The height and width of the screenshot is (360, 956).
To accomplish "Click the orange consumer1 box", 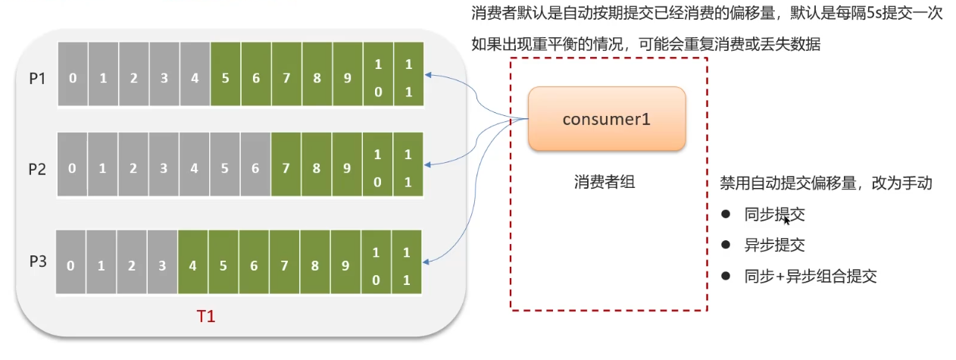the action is pyautogui.click(x=607, y=119).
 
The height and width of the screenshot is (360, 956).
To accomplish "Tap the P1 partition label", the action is pyautogui.click(x=37, y=79).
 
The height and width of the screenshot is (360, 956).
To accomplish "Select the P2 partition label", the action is pyautogui.click(x=37, y=169).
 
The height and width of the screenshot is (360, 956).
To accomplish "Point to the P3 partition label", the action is pyautogui.click(x=38, y=261).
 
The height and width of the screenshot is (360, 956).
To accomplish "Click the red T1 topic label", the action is pyautogui.click(x=206, y=317).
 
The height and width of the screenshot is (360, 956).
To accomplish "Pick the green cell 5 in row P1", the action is pyautogui.click(x=225, y=74).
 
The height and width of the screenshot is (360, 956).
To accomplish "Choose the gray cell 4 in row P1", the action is pyautogui.click(x=195, y=74).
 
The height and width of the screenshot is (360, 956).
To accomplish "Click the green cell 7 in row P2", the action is pyautogui.click(x=286, y=164).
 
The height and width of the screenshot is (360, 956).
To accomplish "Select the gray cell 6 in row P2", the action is pyautogui.click(x=255, y=164).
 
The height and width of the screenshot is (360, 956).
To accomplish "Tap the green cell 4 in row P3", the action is pyautogui.click(x=192, y=261).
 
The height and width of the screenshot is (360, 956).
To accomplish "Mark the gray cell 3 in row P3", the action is pyautogui.click(x=162, y=261).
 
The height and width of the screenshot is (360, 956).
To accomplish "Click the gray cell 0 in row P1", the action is pyautogui.click(x=73, y=74).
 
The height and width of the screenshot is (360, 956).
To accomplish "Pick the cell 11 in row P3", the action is pyautogui.click(x=406, y=261).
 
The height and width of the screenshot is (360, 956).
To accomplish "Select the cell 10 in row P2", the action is pyautogui.click(x=377, y=164).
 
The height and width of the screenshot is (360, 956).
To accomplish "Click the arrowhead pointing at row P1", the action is pyautogui.click(x=428, y=75).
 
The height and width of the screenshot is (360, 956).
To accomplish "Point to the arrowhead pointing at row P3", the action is pyautogui.click(x=426, y=261).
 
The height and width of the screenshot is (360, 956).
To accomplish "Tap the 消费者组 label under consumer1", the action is pyautogui.click(x=605, y=182).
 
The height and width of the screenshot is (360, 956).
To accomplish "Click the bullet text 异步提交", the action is pyautogui.click(x=775, y=245).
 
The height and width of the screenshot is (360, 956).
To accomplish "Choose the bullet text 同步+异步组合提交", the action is pyautogui.click(x=811, y=277).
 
